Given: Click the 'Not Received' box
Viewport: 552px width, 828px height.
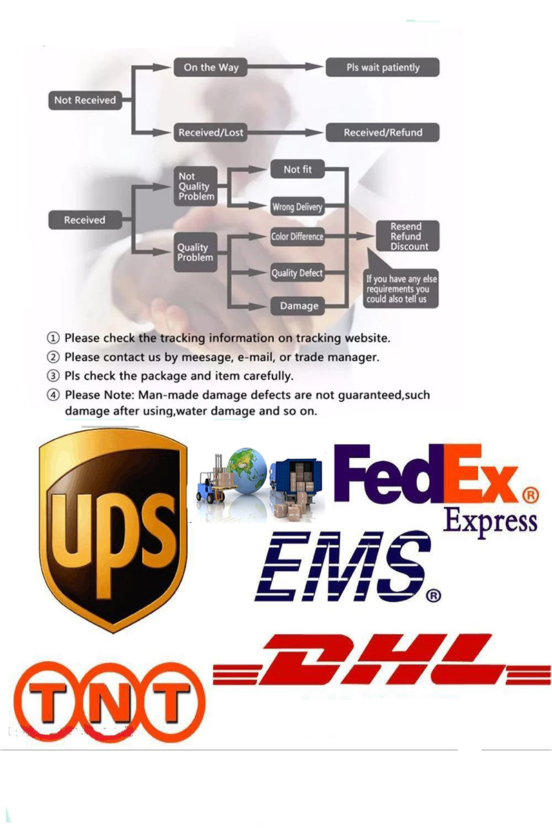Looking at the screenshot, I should click(x=85, y=100).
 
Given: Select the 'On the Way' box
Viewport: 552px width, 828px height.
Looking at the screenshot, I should click(x=210, y=67).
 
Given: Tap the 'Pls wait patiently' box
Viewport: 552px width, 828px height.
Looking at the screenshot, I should click(x=383, y=67).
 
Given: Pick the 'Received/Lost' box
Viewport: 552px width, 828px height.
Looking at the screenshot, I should click(x=210, y=132).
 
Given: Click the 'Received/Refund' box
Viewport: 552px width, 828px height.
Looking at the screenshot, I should click(x=383, y=132).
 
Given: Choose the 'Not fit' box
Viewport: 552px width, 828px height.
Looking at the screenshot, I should click(x=297, y=169).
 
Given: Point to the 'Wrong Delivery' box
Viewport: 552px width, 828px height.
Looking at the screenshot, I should click(x=297, y=206).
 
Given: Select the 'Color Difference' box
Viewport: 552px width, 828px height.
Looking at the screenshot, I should click(x=297, y=237).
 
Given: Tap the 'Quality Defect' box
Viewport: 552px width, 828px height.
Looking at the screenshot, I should click(x=297, y=273).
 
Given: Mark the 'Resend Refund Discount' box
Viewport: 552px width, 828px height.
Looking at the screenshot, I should click(x=406, y=237).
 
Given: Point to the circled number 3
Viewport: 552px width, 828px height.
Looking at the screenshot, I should click(x=53, y=376).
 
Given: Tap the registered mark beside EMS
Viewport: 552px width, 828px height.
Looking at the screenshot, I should click(x=433, y=594).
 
